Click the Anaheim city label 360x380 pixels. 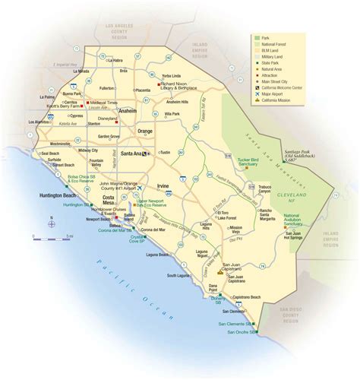(128, 111)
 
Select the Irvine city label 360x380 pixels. (163, 186)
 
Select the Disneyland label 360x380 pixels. (108, 119)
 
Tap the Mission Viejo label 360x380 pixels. (237, 228)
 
